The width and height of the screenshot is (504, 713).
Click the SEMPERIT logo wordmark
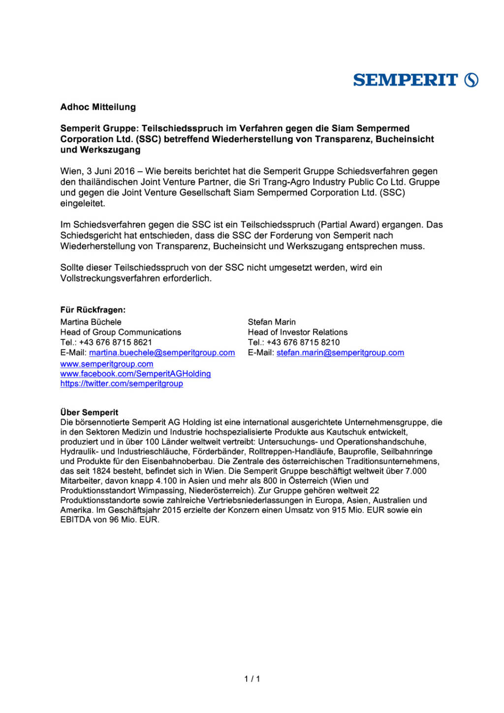point(405,80)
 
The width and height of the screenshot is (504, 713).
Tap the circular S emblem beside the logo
point(472,80)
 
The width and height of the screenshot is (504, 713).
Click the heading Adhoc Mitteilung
point(98,107)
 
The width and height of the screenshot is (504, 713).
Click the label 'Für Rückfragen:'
point(93,310)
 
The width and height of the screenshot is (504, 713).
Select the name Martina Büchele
point(91,322)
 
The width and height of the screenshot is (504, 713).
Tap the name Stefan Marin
point(272,322)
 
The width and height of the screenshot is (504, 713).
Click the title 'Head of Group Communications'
point(121,332)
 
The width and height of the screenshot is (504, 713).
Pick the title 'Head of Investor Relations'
point(298,332)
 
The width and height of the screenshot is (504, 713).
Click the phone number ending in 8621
point(116,342)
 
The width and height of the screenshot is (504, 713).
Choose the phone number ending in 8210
point(303,342)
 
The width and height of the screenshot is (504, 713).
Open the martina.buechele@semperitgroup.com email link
point(162,353)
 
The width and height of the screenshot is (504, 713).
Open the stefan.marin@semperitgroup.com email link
point(340,353)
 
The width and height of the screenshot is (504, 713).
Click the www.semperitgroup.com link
point(107,364)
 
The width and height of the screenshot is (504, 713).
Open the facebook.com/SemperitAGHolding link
point(135,374)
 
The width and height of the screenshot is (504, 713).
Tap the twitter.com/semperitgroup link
point(122,384)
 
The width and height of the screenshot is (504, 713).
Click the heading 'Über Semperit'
point(89,413)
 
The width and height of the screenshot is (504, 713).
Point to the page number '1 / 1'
point(252,679)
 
